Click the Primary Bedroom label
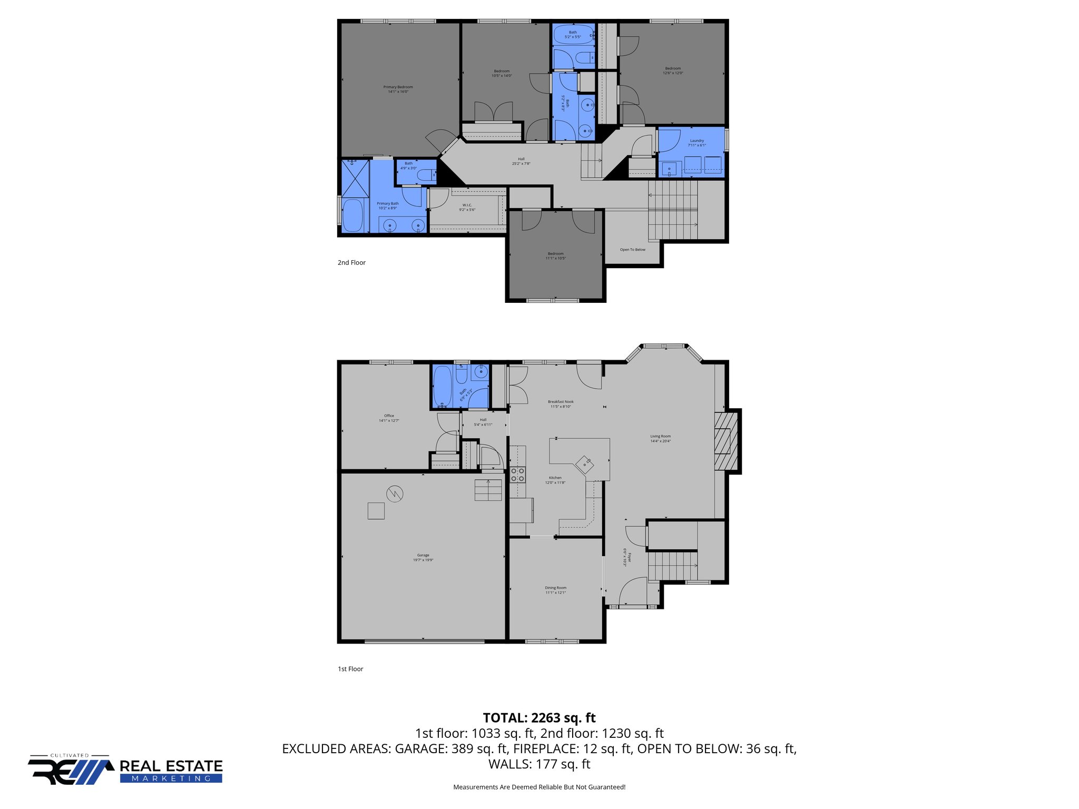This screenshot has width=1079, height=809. tap(398, 89)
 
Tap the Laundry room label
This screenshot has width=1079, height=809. tap(697, 143)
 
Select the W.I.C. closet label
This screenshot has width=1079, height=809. tap(467, 207)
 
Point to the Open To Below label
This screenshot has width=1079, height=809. tap(632, 250)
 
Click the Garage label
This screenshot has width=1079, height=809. tap(423, 557)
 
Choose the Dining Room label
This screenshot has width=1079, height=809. tap(555, 590)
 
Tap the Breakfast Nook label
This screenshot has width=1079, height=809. tap(561, 404)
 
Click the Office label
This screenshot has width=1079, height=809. tap(389, 418)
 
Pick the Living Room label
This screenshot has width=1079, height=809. tap(660, 438)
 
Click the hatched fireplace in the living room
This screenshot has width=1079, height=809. tap(725, 441)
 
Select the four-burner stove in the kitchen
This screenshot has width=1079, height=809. tap(517, 475)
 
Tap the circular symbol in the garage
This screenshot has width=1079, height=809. tap(395, 494)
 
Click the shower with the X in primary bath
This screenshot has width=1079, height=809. tap(355, 179)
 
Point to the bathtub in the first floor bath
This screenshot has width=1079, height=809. tap(442, 386)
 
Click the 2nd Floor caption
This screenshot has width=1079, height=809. tap(351, 262)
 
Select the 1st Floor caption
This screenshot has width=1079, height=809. tap(350, 669)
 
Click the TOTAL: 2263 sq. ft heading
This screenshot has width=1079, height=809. tap(539, 718)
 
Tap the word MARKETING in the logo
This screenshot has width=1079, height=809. tap(171, 778)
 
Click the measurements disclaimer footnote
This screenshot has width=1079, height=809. tap(539, 787)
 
